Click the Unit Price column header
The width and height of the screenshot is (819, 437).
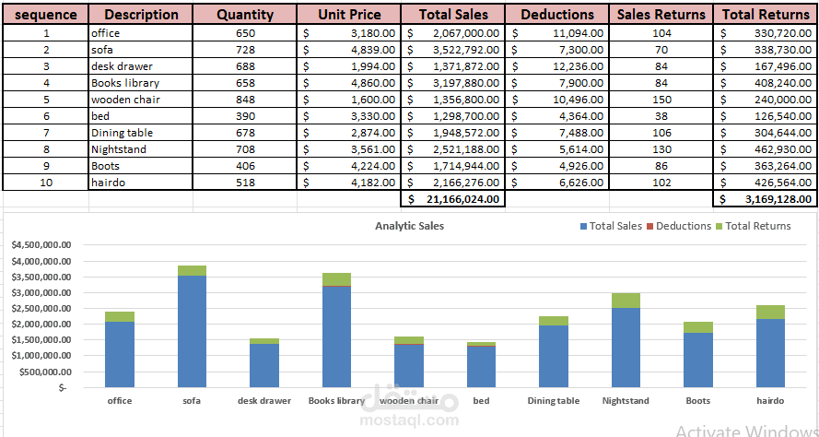click(349, 15)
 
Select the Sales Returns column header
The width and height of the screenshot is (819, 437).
click(661, 15)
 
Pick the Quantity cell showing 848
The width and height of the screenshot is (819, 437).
click(245, 100)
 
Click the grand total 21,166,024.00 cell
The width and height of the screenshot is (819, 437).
click(452, 199)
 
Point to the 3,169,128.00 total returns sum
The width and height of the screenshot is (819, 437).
click(766, 199)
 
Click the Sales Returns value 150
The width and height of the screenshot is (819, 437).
click(661, 100)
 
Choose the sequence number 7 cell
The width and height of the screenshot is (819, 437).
click(46, 133)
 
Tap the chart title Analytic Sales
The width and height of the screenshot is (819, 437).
click(409, 226)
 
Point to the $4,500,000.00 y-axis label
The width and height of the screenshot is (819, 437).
click(42, 245)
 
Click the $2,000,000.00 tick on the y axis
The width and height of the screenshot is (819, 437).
click(42, 325)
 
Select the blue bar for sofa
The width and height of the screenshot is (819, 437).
click(192, 332)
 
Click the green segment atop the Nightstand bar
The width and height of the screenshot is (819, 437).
click(626, 301)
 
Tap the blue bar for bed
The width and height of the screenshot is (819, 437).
click(481, 366)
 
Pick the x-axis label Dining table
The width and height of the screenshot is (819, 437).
click(554, 401)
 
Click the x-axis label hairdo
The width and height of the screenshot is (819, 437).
click(770, 401)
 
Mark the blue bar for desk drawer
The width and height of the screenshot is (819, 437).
click(264, 365)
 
